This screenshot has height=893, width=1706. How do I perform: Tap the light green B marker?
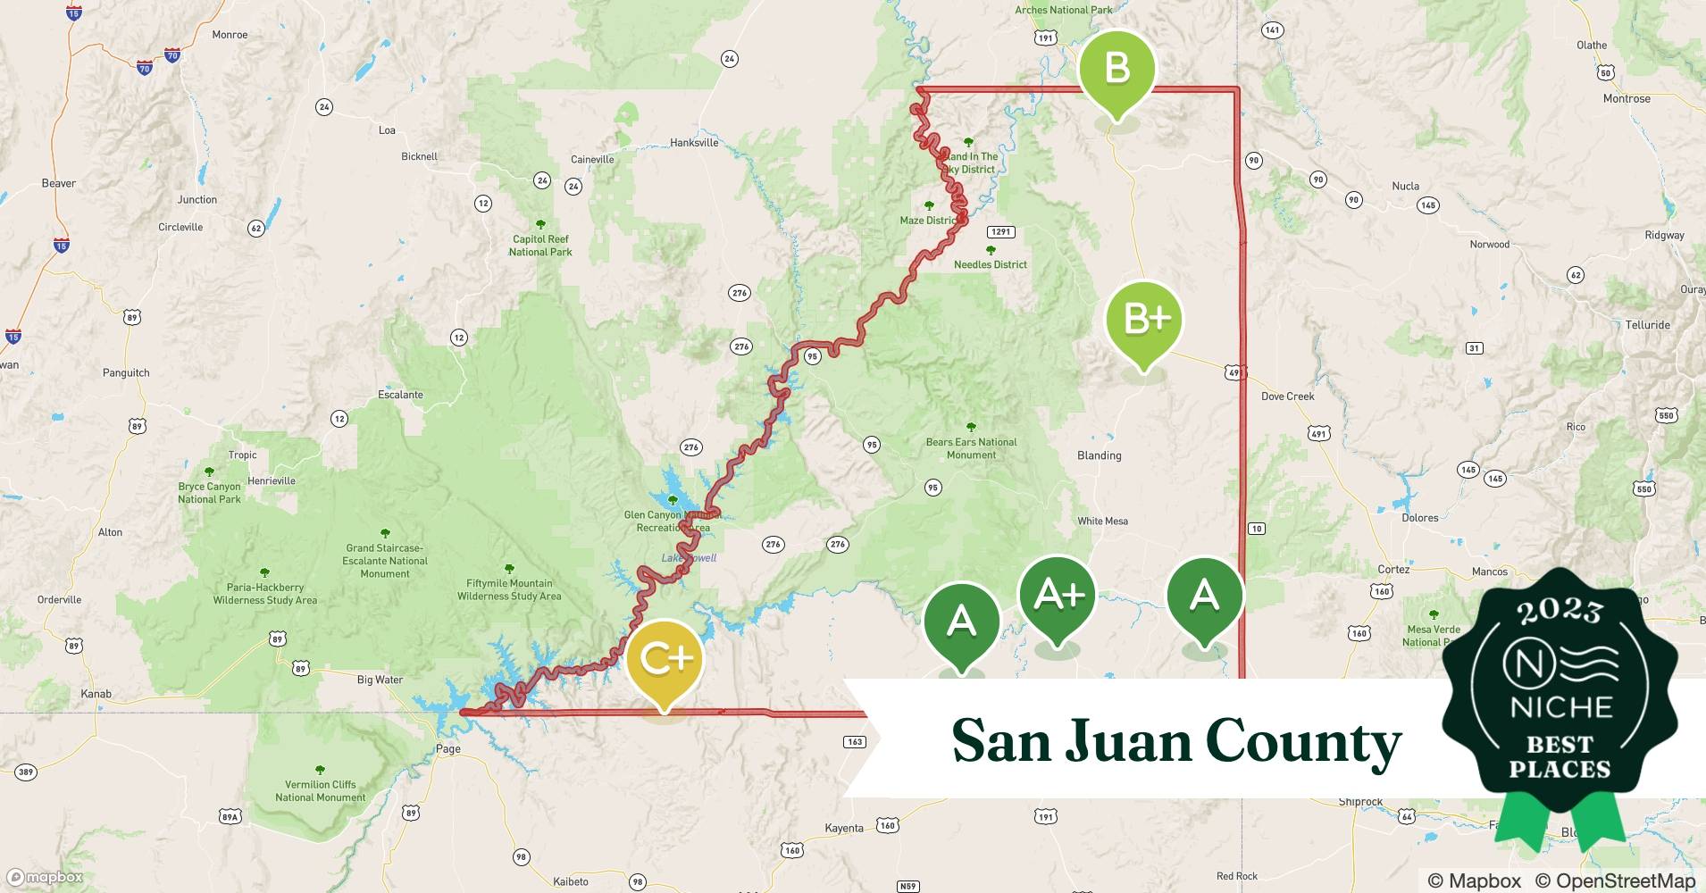(1116, 70)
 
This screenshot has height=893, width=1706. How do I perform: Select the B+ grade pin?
(1144, 320)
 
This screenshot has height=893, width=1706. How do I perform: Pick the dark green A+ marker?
(1058, 595)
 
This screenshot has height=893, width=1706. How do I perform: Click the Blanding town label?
(1099, 455)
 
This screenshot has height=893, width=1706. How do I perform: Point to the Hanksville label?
(694, 143)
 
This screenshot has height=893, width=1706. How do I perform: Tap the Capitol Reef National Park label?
(540, 246)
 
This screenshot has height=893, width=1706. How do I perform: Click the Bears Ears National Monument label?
(971, 448)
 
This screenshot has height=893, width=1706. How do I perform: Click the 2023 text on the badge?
(1560, 611)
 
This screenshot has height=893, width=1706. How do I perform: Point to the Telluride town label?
(1647, 325)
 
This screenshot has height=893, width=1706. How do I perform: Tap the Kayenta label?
(843, 828)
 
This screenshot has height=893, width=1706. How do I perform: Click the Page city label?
(448, 748)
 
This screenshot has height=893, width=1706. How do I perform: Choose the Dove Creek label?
(1287, 396)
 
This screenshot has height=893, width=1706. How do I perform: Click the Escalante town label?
(400, 395)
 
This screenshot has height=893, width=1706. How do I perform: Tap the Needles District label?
(990, 264)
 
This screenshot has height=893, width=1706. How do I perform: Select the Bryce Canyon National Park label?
(209, 493)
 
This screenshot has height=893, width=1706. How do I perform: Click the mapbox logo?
(45, 877)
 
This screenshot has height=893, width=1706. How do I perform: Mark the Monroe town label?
(230, 35)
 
